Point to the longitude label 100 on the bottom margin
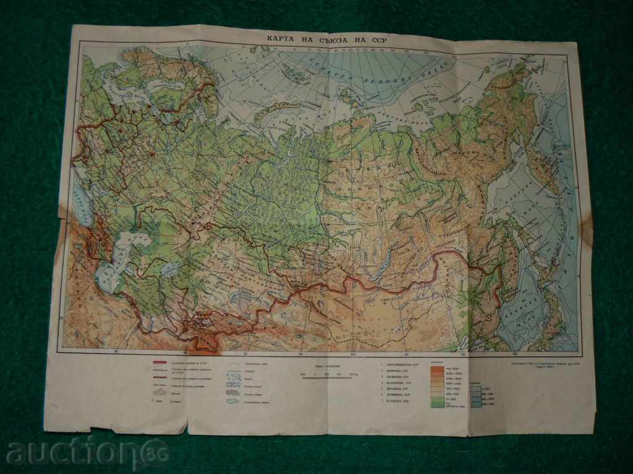[353, 355]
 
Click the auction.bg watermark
[87, 452]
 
